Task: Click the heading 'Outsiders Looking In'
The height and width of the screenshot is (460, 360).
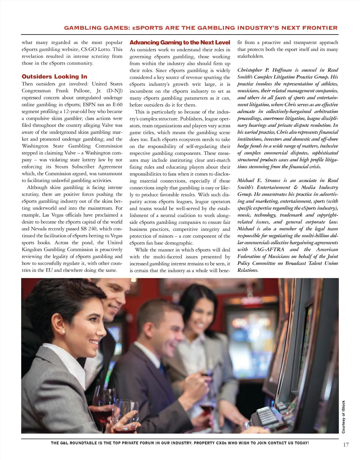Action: tap(54, 76)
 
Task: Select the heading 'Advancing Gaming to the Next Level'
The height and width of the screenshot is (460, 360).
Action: tap(180, 43)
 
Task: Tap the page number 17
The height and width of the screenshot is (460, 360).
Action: tap(346, 445)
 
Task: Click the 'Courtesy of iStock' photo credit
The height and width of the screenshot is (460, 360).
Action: tap(343, 417)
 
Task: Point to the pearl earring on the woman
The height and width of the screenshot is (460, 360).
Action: tap(63, 332)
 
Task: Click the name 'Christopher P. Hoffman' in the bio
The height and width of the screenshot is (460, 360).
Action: tap(264, 70)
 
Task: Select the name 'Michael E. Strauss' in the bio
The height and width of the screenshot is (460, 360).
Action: tap(259, 180)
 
